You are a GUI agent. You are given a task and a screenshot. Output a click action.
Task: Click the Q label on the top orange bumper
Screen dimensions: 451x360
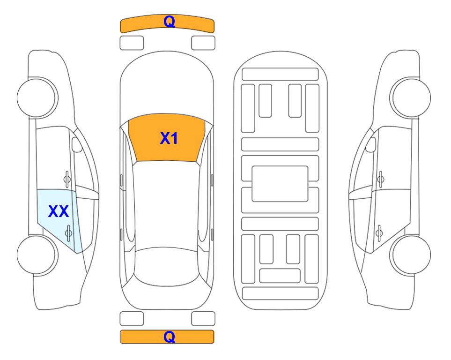(169, 22)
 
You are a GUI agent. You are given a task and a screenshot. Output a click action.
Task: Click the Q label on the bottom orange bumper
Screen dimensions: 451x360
(169, 337)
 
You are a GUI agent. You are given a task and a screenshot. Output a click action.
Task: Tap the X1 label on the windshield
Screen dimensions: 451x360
(169, 138)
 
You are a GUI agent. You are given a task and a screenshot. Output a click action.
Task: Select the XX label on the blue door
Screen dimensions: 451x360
(59, 211)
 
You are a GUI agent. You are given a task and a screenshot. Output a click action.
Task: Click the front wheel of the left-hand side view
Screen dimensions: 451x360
(37, 97)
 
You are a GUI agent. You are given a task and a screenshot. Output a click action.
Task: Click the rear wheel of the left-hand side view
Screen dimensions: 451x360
(37, 255)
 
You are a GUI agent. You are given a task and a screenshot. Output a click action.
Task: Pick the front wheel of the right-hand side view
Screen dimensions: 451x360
(410, 97)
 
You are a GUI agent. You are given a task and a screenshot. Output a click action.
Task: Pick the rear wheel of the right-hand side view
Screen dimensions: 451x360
(410, 255)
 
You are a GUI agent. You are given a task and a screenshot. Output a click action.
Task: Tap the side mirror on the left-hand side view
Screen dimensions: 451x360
(77, 144)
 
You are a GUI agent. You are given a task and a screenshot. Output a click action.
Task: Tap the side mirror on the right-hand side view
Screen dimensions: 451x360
(370, 144)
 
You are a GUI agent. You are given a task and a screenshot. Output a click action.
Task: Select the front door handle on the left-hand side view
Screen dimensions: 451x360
(67, 179)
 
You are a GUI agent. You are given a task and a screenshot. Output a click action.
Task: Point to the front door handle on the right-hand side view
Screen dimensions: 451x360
(380, 179)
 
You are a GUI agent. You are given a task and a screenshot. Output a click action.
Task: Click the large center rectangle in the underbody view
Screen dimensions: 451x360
(280, 184)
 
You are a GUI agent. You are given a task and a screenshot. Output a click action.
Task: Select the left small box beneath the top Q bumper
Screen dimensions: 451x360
(132, 43)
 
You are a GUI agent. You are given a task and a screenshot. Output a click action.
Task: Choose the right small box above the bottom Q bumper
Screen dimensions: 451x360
(203, 319)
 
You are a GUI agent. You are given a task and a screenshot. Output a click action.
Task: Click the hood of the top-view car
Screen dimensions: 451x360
(167, 86)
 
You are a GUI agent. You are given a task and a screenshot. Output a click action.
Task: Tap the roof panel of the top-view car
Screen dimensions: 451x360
(167, 204)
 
